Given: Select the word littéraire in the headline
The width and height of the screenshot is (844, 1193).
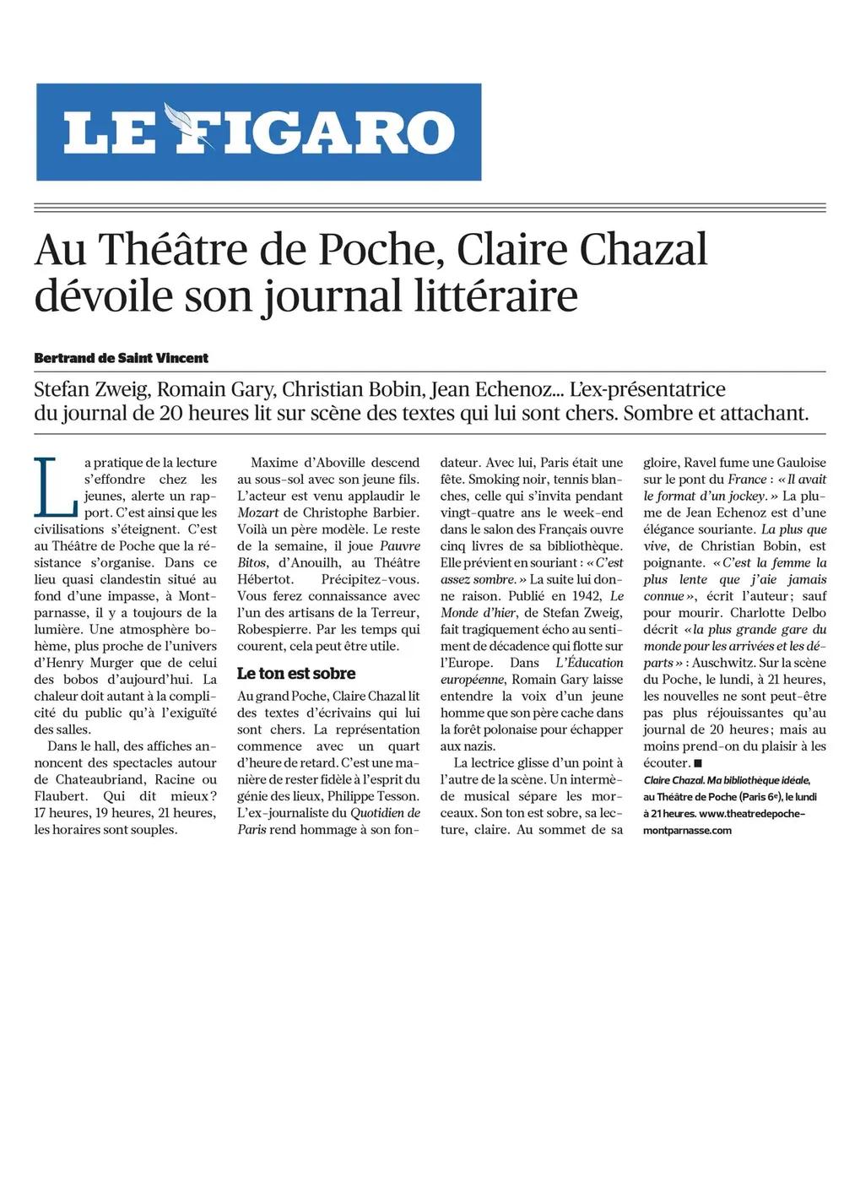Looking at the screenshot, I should (x=498, y=296).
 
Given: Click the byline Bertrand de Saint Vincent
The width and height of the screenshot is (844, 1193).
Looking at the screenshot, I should (x=121, y=358).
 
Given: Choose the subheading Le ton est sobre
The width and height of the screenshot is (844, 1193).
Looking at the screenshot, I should (x=296, y=673).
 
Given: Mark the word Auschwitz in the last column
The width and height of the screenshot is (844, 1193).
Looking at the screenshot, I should (x=722, y=663).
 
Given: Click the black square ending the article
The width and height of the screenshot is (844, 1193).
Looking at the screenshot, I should (x=698, y=763).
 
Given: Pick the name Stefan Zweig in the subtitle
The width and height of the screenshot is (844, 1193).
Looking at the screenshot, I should (x=92, y=390).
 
